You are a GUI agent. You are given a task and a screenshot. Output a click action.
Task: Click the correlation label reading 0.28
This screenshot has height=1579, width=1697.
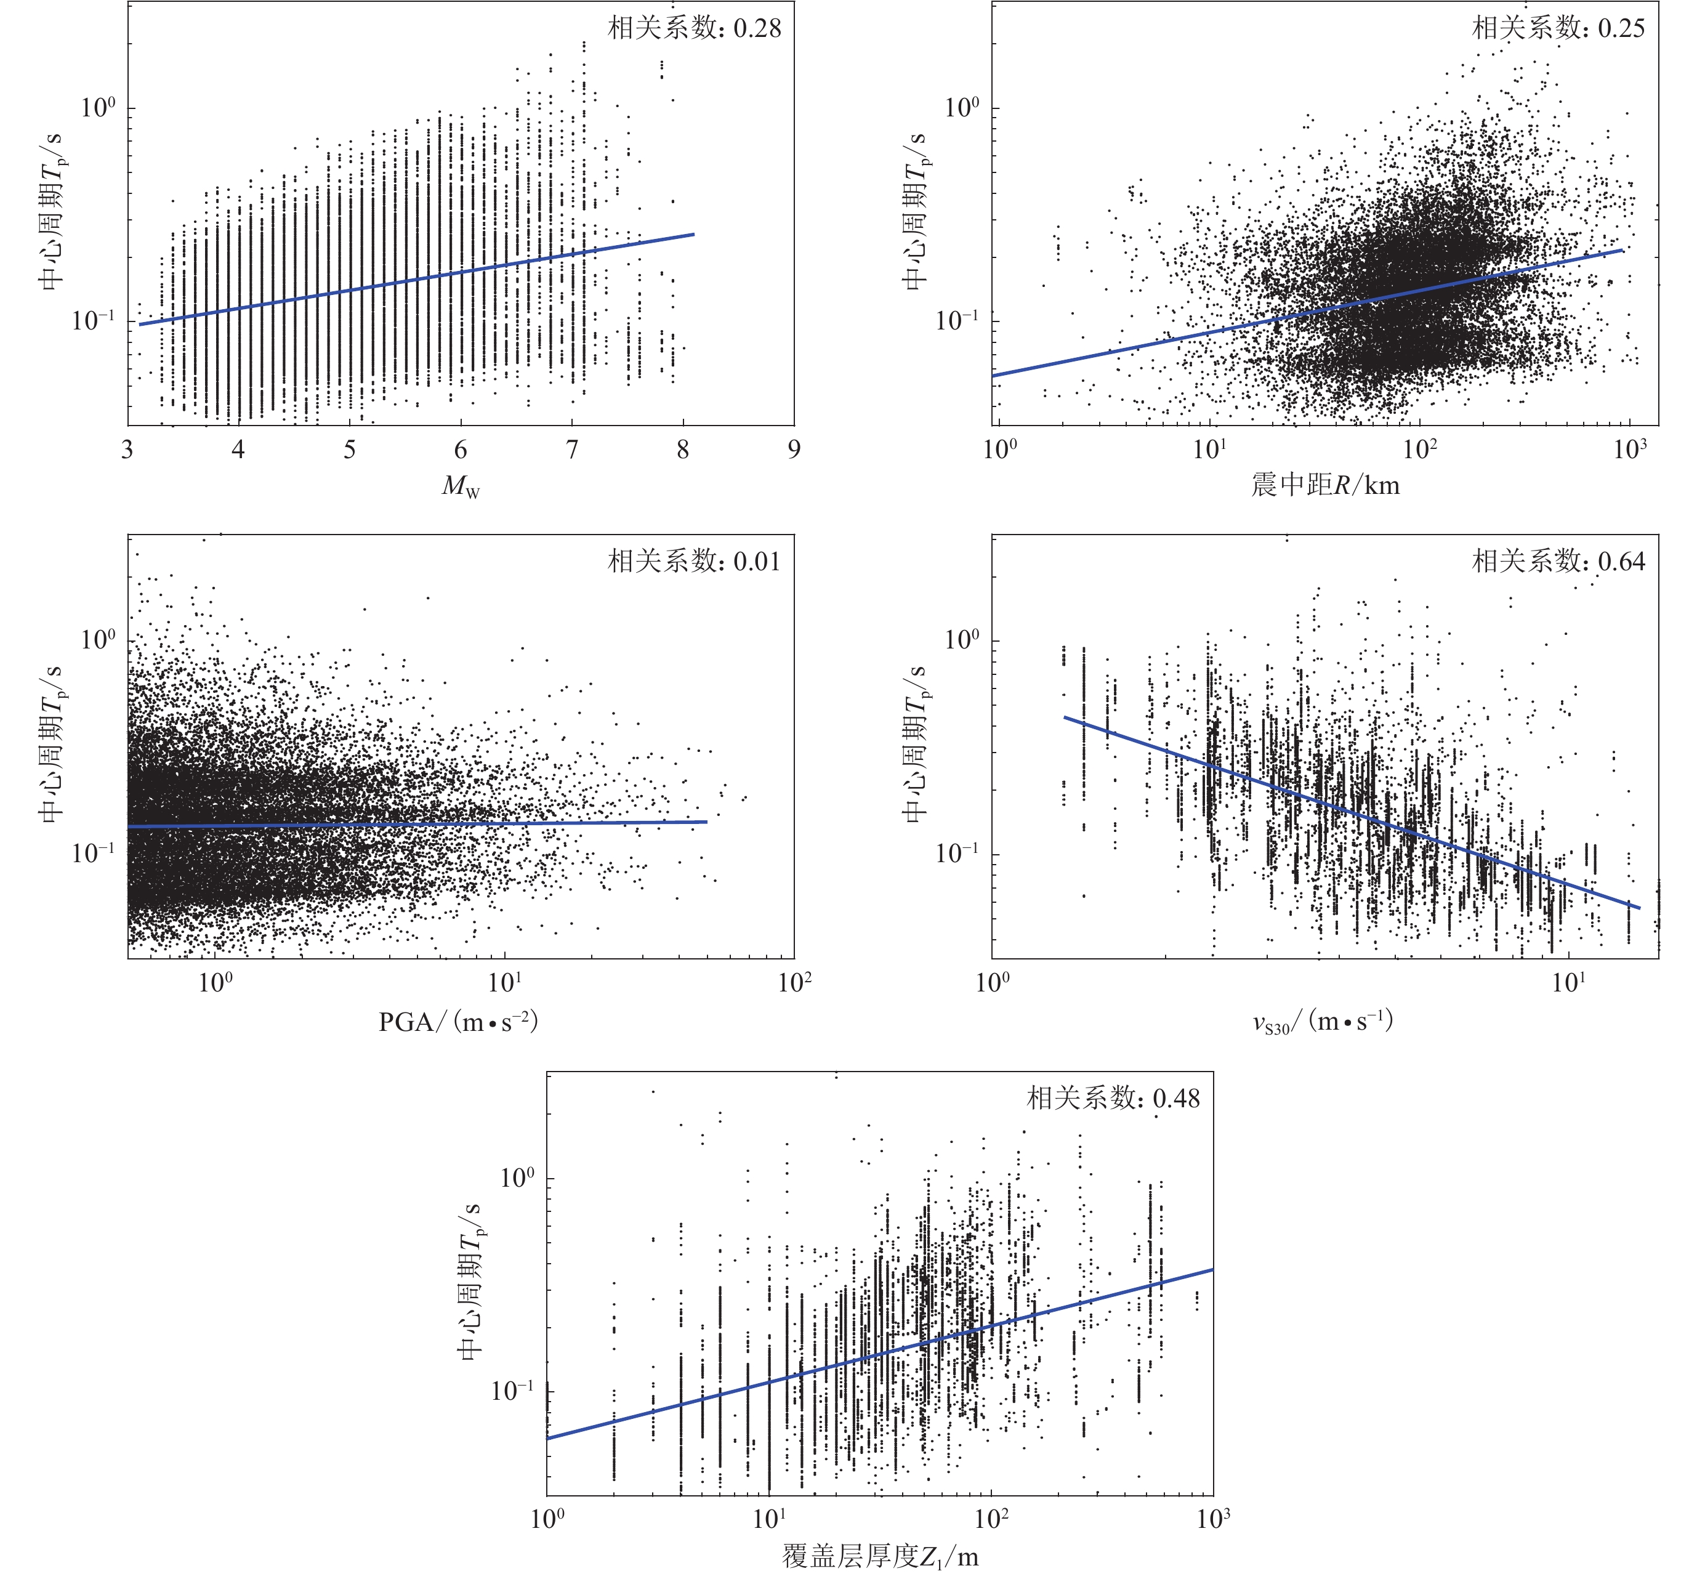tap(694, 28)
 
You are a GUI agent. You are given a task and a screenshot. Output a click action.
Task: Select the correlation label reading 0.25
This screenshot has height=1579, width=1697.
tap(1558, 28)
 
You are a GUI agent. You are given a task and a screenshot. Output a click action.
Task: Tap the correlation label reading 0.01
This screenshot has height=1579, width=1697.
tap(694, 561)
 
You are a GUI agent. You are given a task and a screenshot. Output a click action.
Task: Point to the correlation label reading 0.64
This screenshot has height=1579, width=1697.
tap(1558, 561)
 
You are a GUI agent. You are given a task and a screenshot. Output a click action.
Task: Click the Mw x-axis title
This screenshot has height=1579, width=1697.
tap(461, 487)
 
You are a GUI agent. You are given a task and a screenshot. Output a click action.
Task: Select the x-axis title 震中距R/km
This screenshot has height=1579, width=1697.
tap(1325, 485)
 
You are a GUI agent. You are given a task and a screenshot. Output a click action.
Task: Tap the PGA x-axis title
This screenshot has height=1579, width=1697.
tap(458, 1021)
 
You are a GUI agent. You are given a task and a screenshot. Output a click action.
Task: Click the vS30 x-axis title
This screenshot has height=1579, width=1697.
tap(1322, 1022)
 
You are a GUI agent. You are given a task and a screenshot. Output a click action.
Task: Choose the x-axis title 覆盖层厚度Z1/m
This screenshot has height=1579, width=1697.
tap(880, 1557)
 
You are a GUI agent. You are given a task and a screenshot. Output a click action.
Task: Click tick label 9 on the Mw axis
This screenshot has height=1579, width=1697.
tap(794, 450)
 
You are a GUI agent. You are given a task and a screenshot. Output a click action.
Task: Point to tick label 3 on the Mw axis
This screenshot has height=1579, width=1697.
tap(127, 450)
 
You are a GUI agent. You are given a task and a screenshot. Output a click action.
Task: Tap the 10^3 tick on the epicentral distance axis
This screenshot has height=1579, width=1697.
tap(1629, 448)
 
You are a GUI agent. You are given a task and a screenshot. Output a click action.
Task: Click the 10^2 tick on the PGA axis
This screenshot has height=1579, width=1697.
tap(794, 982)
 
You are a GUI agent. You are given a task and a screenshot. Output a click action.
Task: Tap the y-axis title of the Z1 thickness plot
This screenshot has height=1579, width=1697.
tap(470, 1281)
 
